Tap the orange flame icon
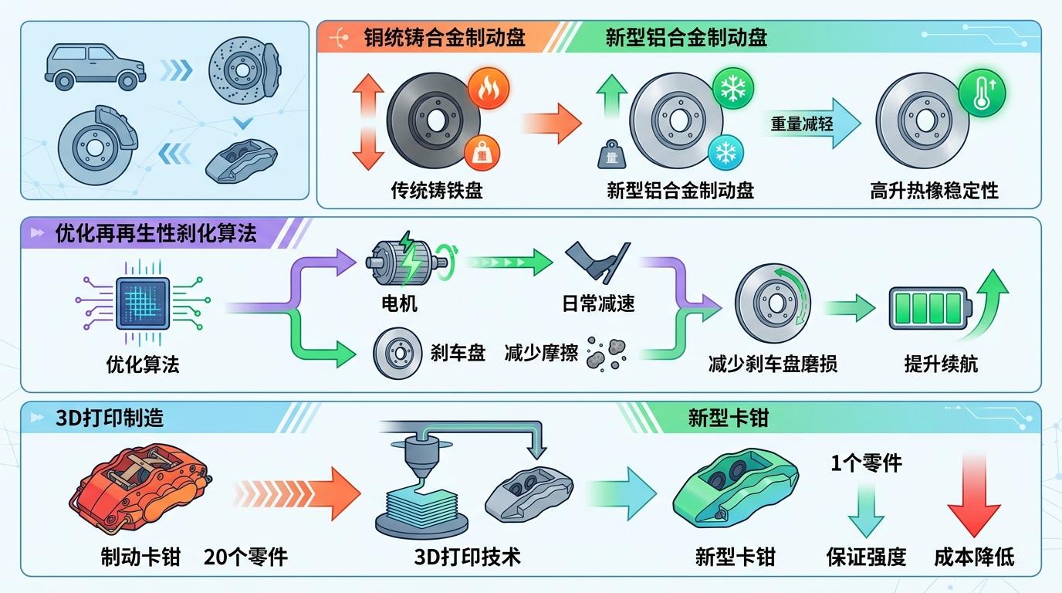(489, 87)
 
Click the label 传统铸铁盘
(437, 190)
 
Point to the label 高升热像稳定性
(934, 190)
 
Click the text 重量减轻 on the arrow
(802, 123)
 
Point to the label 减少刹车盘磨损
(773, 363)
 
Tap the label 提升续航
(941, 363)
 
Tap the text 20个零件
(245, 556)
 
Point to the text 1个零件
(866, 463)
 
